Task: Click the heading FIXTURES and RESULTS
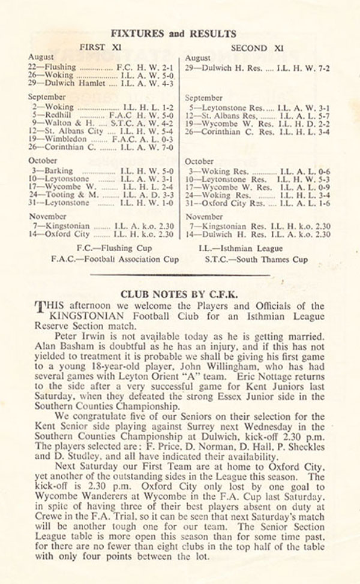(178, 34)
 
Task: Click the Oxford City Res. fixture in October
(257, 204)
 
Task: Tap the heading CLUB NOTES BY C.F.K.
(180, 294)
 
